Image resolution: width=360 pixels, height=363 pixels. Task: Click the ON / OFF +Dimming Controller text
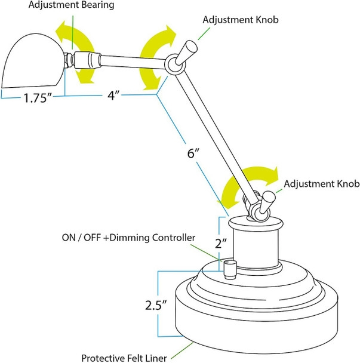point(128,237)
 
